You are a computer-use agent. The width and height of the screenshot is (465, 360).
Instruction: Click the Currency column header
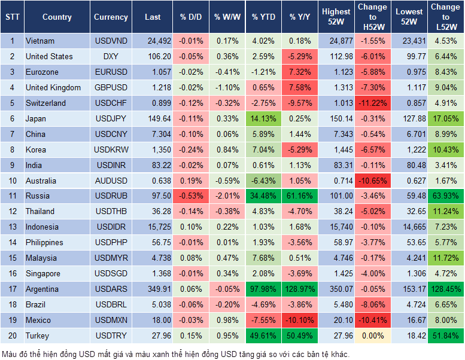tap(111, 17)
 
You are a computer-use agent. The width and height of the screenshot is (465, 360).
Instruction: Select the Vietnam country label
tap(40, 41)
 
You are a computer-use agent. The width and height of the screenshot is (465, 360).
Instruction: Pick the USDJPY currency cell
tap(111, 119)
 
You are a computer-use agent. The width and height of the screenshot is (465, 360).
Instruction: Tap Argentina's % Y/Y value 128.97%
tap(300, 289)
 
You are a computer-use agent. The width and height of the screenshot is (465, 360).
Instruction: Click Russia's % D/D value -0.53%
tap(190, 196)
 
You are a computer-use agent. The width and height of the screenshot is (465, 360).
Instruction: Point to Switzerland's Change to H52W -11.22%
tap(372, 103)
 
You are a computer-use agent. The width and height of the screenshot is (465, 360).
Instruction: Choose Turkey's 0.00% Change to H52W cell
tap(372, 336)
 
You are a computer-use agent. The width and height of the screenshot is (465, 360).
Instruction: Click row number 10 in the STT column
tap(12, 181)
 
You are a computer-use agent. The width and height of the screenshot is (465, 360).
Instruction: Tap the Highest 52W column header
tap(336, 17)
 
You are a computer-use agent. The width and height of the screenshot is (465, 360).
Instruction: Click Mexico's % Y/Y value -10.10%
tap(300, 321)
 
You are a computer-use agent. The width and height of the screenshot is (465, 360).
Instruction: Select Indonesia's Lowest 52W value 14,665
tap(410, 227)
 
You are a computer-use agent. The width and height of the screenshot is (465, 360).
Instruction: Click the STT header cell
tap(12, 17)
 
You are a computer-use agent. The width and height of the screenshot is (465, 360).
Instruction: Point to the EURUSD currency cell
tap(111, 72)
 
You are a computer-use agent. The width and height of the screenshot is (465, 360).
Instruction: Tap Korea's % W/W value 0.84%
tap(226, 150)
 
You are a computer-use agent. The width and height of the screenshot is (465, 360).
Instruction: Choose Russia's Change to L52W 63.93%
tap(445, 196)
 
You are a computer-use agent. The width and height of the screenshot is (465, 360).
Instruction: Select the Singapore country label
tap(42, 274)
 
